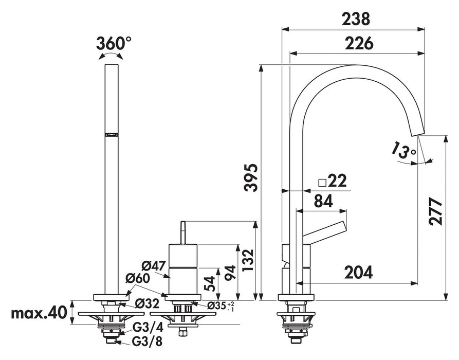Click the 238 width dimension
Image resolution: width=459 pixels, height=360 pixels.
356,20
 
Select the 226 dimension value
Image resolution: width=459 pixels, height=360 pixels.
359,44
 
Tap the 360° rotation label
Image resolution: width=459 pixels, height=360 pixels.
114,44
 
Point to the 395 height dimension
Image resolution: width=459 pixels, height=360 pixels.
251,178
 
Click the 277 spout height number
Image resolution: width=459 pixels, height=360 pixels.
435,212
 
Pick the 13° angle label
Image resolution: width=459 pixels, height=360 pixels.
404,151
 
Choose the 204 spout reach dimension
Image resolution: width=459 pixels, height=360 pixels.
358,272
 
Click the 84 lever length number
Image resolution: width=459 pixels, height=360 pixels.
323,201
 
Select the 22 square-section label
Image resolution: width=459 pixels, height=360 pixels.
333,182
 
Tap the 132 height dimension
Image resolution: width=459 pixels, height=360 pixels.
248,260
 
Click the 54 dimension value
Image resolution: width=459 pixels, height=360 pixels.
210,283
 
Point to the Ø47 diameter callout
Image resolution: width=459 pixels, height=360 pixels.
154,266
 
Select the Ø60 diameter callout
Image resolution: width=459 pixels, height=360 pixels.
137,278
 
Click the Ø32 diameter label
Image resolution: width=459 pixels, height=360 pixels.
147,303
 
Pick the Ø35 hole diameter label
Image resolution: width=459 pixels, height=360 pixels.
221,306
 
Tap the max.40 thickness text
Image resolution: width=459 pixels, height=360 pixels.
39,313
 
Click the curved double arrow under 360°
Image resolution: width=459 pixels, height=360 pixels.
111,56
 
